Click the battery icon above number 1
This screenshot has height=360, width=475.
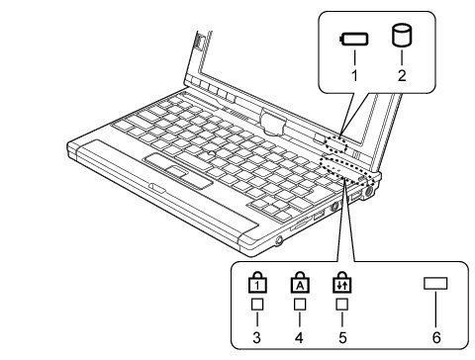click(x=354, y=39)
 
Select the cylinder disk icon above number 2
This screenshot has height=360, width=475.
click(x=402, y=36)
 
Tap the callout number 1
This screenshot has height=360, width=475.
click(x=354, y=75)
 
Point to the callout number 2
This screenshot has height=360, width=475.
click(x=402, y=75)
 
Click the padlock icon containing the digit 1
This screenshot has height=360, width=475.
click(x=257, y=282)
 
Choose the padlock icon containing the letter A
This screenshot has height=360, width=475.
click(x=300, y=282)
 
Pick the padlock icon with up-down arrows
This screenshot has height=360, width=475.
click(x=342, y=282)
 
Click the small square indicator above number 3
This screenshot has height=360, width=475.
click(x=257, y=305)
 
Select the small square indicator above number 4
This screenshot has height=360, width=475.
click(x=300, y=305)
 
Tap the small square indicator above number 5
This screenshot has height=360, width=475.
click(x=342, y=305)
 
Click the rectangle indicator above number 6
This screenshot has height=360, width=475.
click(x=435, y=283)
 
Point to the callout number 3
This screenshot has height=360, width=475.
click(x=257, y=337)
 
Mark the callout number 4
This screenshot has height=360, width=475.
click(x=299, y=337)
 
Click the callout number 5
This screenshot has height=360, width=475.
click(x=342, y=337)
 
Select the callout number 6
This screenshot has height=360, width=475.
click(x=436, y=337)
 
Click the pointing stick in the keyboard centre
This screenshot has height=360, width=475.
click(x=210, y=152)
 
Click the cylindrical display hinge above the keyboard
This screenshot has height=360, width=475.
click(x=273, y=123)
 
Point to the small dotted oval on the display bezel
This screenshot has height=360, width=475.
click(x=335, y=144)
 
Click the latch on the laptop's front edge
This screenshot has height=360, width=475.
click(x=157, y=188)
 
